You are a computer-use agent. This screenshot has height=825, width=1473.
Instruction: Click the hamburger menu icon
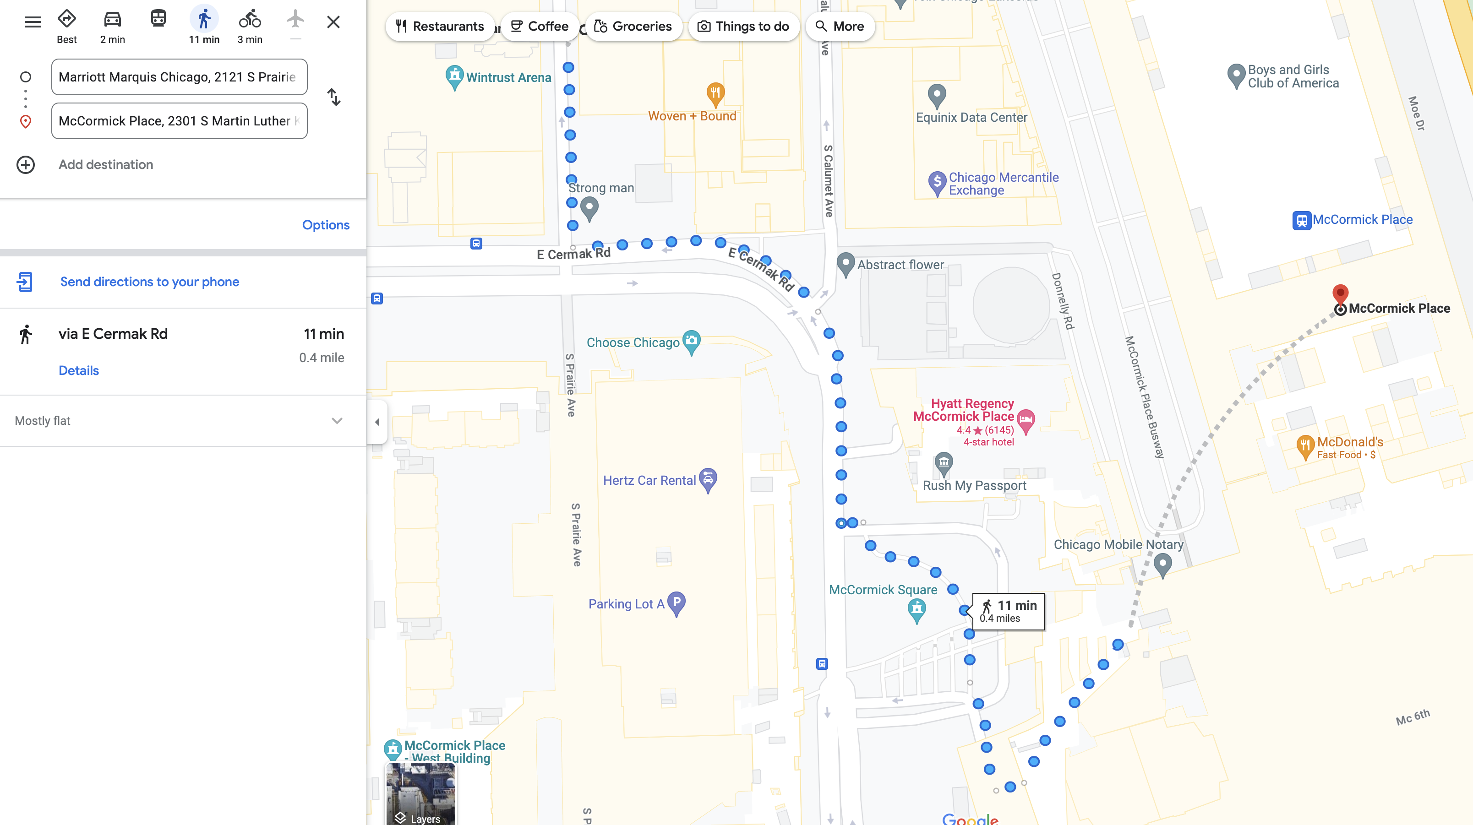33,22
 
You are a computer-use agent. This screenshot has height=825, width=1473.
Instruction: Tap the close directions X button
333,22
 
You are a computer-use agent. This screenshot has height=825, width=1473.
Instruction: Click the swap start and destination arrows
334,97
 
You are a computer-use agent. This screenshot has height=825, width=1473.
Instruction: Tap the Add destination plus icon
26,165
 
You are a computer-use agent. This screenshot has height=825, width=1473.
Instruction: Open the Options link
325,225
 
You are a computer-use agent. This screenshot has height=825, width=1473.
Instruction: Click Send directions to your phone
149,282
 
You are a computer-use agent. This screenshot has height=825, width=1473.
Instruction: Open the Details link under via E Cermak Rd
79,370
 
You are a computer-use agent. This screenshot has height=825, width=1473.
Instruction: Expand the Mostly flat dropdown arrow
337,421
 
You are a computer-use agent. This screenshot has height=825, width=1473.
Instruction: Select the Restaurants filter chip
440,26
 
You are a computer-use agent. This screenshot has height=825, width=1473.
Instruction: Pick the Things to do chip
743,26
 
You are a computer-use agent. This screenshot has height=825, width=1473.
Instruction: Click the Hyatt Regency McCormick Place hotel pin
1026,421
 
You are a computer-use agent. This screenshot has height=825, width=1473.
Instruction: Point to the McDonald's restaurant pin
1304,446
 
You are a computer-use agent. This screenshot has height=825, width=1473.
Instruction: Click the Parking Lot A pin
676,602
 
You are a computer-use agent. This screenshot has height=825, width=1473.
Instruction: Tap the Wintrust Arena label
508,78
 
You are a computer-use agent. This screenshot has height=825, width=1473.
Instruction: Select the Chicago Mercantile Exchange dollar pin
937,183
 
